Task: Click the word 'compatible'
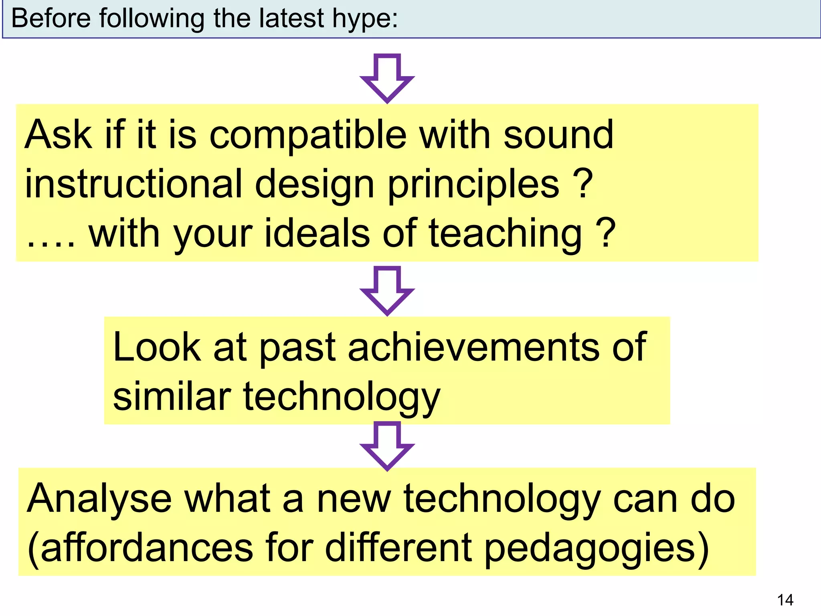(308, 136)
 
